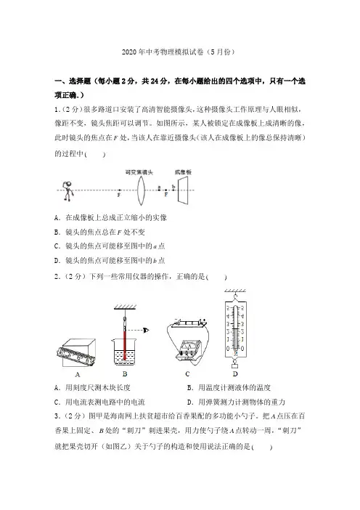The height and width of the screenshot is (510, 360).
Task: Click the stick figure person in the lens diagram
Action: tap(68, 191)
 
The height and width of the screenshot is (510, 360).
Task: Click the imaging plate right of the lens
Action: tap(183, 190)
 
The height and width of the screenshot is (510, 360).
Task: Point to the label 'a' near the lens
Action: tap(159, 187)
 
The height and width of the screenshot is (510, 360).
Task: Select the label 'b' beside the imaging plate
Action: tap(173, 187)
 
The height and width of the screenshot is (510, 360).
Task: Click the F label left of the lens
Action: tap(119, 195)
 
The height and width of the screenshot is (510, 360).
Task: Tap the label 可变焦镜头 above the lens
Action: tap(139, 172)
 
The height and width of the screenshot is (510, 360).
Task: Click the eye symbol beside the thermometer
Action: tap(146, 331)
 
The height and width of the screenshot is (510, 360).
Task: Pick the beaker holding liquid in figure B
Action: tap(125, 352)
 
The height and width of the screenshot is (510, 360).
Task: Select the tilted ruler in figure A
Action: tap(75, 357)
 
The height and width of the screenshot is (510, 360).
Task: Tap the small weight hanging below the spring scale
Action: tap(235, 366)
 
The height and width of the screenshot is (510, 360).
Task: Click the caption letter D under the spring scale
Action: tap(235, 374)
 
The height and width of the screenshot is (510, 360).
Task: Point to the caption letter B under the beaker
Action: tap(125, 374)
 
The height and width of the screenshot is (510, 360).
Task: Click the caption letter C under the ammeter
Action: tap(187, 374)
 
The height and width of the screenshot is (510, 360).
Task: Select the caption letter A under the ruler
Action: tap(78, 375)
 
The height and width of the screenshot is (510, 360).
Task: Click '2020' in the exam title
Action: tap(129, 52)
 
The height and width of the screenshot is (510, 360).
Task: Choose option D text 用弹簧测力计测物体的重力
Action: tap(242, 402)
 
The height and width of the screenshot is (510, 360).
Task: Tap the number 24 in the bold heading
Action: tap(155, 81)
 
